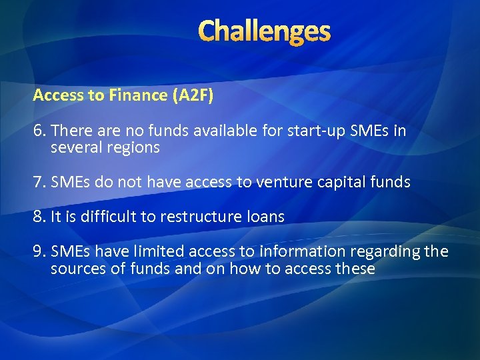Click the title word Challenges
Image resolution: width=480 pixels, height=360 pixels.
[x=264, y=31]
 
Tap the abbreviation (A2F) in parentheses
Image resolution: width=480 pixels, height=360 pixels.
[x=193, y=95]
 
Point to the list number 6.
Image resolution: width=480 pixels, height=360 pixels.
[x=38, y=131]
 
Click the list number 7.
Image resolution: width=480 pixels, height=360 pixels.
[x=38, y=182]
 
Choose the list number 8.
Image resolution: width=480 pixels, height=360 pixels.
[x=38, y=217]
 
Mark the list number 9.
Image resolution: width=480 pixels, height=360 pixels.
[x=38, y=251]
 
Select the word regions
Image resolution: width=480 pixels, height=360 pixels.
[x=133, y=148]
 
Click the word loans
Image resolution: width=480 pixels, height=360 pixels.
[x=267, y=217]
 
